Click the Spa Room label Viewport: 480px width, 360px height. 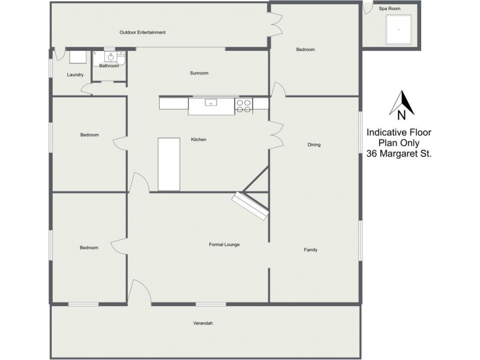coord(389,9)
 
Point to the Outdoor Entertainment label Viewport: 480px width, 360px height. coord(142,32)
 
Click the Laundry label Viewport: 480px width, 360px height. coord(75,75)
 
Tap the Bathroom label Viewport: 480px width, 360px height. coord(109,66)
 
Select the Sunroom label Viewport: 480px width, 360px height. coord(199,73)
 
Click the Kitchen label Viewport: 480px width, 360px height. coord(199,140)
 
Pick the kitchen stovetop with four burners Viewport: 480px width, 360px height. coord(244,105)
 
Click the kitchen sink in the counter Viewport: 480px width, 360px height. coord(211,103)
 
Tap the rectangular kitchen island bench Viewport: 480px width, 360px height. coord(169,164)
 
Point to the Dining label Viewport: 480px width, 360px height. coord(314,145)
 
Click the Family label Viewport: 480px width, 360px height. coord(310,250)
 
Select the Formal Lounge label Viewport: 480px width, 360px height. coord(224,244)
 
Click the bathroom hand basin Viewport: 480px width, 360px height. coord(110,57)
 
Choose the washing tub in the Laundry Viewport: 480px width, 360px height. coord(77,57)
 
